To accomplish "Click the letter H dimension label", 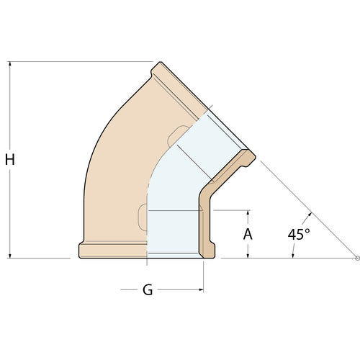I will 10,160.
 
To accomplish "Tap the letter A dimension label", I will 248,234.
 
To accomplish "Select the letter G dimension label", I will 148,290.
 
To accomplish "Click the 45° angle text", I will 299,234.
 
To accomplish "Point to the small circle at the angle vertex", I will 357,257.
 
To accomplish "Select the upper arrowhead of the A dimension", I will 248,215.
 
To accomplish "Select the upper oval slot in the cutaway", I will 174,136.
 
